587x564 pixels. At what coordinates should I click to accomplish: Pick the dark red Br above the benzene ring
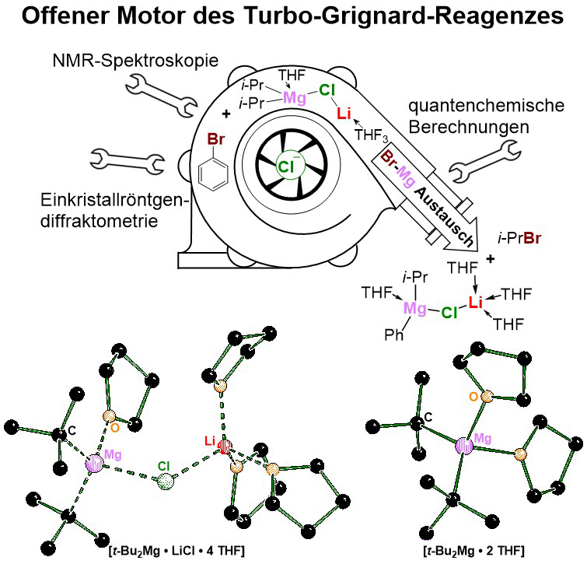[x=216, y=140]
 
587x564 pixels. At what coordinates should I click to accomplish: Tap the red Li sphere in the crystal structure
[x=225, y=447]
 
